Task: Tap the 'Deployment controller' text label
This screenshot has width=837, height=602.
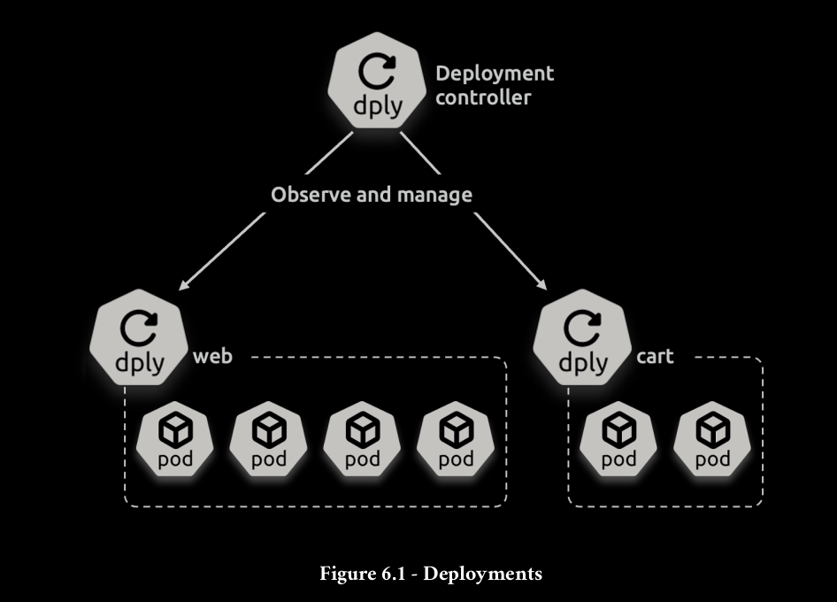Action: pos(494,85)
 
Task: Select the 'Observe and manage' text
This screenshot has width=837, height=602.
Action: pos(372,195)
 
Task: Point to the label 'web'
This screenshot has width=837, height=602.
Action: pos(212,357)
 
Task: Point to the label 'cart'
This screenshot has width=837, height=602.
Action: pos(655,357)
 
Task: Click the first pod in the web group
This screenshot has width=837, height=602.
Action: pos(175,440)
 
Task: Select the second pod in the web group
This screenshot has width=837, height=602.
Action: pos(269,440)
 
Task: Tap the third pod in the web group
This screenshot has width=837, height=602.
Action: pos(362,440)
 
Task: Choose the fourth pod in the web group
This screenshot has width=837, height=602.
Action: pos(456,440)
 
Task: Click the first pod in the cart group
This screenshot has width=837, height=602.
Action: pos(618,440)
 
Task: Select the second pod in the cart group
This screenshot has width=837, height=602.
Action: pos(712,440)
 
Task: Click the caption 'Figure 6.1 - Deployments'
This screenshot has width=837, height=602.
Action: pos(430,574)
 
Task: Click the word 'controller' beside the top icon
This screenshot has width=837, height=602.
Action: pos(483,97)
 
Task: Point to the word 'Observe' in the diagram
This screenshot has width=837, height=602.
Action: pos(311,195)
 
